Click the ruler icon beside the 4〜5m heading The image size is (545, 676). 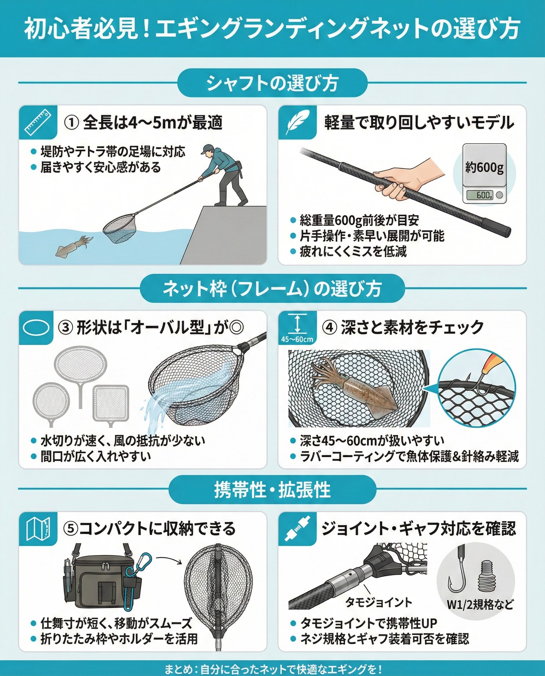click(x=38, y=122)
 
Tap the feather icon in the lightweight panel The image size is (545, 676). click(x=297, y=122)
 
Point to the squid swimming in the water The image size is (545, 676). click(x=74, y=246)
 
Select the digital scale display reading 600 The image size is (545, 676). click(x=480, y=195)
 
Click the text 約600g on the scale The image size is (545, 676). click(x=485, y=168)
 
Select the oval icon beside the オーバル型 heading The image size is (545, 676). click(x=36, y=327)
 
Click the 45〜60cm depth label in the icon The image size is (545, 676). click(x=297, y=339)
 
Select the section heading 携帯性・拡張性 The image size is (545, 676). click(x=272, y=490)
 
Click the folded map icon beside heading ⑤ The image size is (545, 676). click(x=38, y=529)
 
